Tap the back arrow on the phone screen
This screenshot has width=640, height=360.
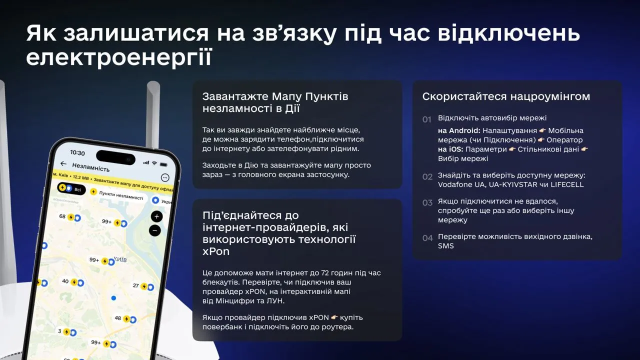coord(63,163)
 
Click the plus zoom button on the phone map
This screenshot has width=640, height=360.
coord(157,216)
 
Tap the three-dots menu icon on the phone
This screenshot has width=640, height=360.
coord(165,177)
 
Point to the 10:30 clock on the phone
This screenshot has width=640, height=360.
coord(77,152)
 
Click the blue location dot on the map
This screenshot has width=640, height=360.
coord(113,298)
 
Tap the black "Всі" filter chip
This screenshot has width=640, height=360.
coord(72,189)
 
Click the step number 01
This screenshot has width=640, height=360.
coord(426,119)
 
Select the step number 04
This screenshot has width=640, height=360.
coord(427,238)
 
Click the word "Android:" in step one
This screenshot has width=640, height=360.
coord(464,130)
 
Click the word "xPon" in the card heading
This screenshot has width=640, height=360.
coord(216,251)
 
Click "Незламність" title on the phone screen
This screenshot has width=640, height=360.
coord(90,166)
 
